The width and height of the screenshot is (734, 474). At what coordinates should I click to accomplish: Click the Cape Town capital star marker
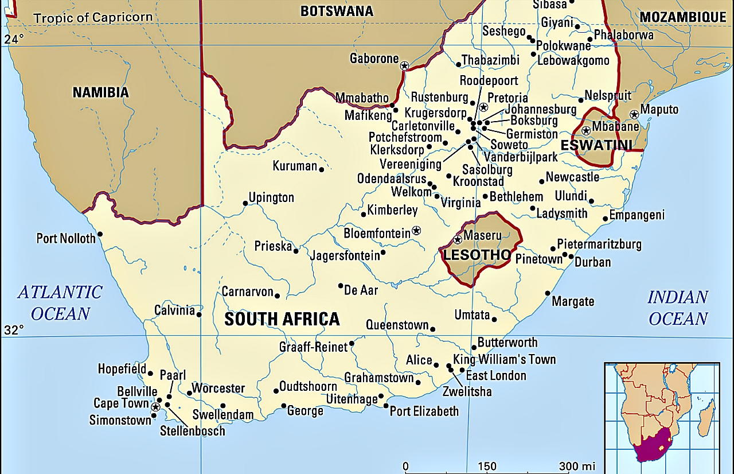pyautogui.click(x=155, y=406)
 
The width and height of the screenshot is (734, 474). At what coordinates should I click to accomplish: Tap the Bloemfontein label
pyautogui.click(x=377, y=234)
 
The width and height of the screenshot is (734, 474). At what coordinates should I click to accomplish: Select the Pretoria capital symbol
pyautogui.click(x=483, y=107)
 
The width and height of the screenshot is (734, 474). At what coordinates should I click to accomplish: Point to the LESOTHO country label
pyautogui.click(x=476, y=255)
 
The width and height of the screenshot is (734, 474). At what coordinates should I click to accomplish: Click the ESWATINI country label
pyautogui.click(x=596, y=145)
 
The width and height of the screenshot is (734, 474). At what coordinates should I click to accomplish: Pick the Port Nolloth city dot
pyautogui.click(x=100, y=234)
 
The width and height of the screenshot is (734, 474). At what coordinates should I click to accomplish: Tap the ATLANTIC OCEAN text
pyautogui.click(x=60, y=303)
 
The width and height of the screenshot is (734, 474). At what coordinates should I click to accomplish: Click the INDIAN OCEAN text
pyautogui.click(x=678, y=308)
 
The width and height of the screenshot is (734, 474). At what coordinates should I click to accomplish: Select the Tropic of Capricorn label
pyautogui.click(x=93, y=17)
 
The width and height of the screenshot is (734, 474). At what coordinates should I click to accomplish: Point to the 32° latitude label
pyautogui.click(x=14, y=330)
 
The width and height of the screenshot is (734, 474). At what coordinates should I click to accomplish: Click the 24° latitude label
pyautogui.click(x=14, y=39)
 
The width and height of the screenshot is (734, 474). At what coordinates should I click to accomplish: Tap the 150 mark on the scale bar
pyautogui.click(x=487, y=466)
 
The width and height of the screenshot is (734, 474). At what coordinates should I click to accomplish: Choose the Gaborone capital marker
pyautogui.click(x=404, y=66)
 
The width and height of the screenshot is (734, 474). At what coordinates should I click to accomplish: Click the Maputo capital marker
pyautogui.click(x=634, y=115)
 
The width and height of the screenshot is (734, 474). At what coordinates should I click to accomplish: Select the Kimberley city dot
pyautogui.click(x=363, y=215)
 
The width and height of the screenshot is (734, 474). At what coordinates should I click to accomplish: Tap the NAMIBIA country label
pyautogui.click(x=100, y=92)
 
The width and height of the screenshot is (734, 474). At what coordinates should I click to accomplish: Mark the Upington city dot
pyautogui.click(x=245, y=203)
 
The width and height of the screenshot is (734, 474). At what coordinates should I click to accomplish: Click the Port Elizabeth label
pyautogui.click(x=424, y=411)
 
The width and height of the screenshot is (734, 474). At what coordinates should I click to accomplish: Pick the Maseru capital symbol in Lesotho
pyautogui.click(x=458, y=239)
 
